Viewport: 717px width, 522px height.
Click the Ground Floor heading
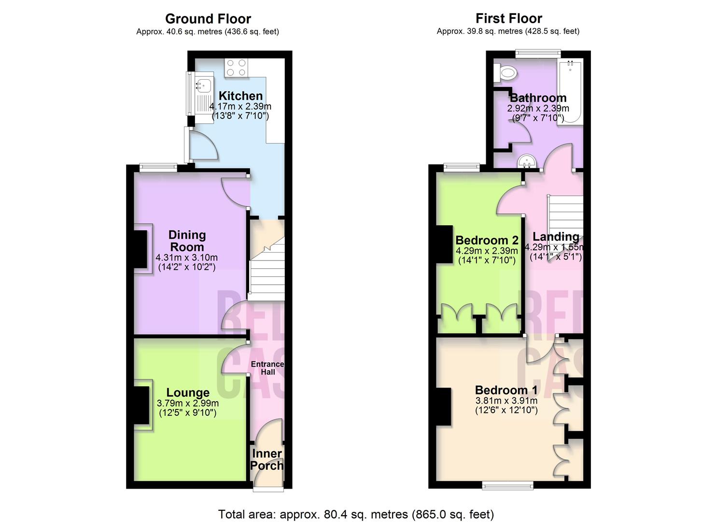tap(208, 19)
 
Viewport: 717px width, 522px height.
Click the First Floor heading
tap(508, 18)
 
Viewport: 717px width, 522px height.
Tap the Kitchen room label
tap(240, 96)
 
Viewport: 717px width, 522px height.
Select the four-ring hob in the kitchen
tap(236, 67)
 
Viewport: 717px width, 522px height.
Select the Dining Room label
tap(187, 241)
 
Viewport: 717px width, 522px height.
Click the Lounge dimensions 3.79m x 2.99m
tap(187, 403)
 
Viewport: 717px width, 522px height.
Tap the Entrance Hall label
tap(267, 368)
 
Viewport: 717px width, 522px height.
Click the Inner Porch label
tap(267, 460)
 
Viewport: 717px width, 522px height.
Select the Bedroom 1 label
tap(506, 390)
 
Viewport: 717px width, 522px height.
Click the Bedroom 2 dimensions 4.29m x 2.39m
tap(486, 251)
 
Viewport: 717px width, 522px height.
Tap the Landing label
tap(555, 237)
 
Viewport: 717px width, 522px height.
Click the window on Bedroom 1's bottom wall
tap(507, 485)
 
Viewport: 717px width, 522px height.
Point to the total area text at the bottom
tap(356, 514)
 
